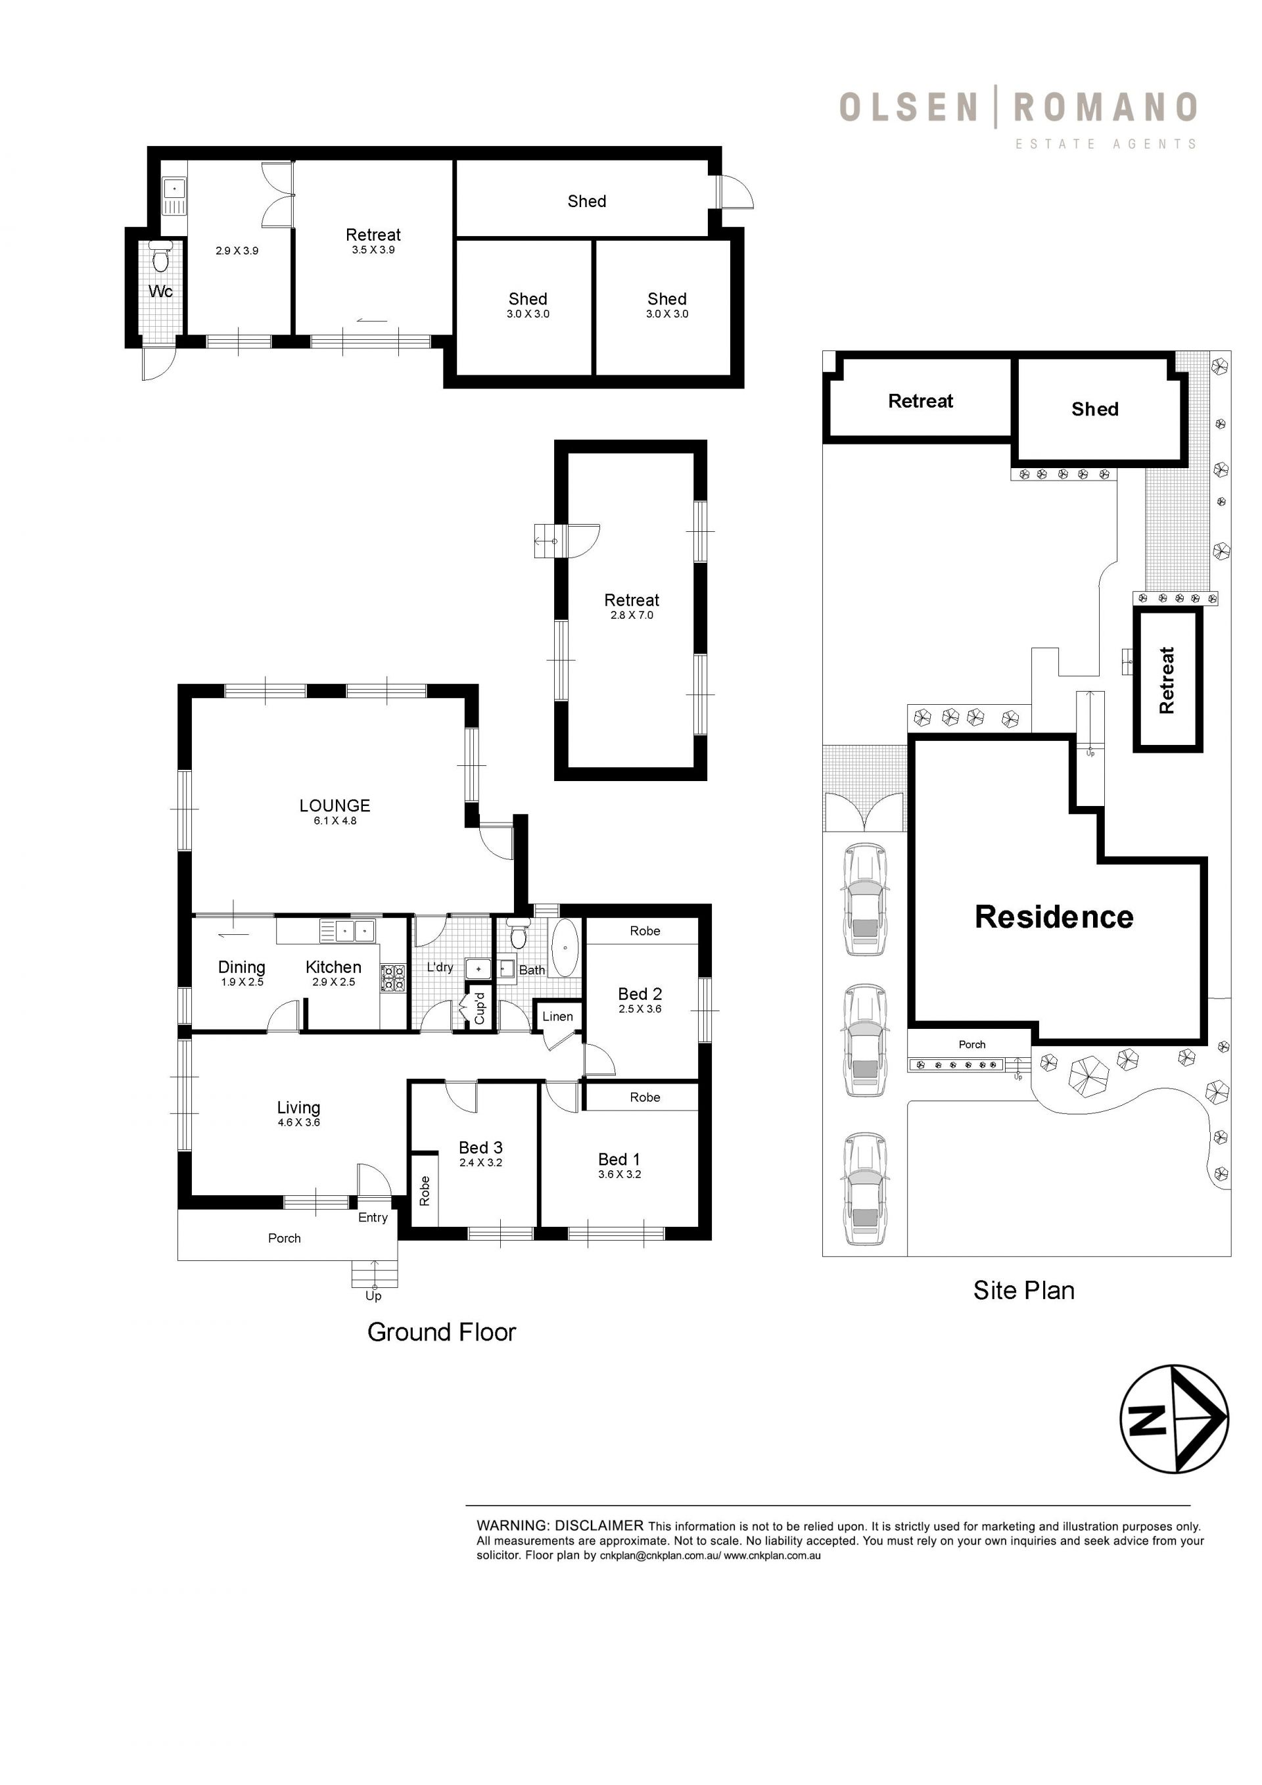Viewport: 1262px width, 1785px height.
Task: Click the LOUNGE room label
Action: pyautogui.click(x=335, y=805)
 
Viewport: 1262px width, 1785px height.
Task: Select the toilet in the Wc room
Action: pyautogui.click(x=160, y=256)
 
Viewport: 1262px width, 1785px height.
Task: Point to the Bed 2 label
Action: pyautogui.click(x=640, y=993)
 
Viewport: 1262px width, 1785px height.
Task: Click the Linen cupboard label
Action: pyautogui.click(x=558, y=1016)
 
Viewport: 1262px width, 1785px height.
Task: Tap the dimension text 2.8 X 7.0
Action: pyautogui.click(x=632, y=615)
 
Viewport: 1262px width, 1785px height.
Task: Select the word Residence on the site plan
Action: pyautogui.click(x=1054, y=917)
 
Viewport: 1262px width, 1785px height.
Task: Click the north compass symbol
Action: pyautogui.click(x=1173, y=1419)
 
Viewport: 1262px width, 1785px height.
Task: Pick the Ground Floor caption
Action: pyautogui.click(x=442, y=1332)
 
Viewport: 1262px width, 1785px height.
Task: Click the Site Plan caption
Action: pyautogui.click(x=1023, y=1291)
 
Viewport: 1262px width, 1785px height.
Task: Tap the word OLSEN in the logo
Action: pyautogui.click(x=908, y=107)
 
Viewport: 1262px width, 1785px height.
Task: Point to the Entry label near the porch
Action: pyautogui.click(x=373, y=1218)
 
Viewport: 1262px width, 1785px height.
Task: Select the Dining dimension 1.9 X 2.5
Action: pyautogui.click(x=242, y=982)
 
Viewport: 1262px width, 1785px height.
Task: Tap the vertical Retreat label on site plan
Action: pyautogui.click(x=1167, y=680)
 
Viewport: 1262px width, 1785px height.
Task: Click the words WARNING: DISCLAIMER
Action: pyautogui.click(x=560, y=1526)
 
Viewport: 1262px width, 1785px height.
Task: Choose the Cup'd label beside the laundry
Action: pyautogui.click(x=479, y=1009)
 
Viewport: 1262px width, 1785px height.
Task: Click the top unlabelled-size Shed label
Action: pyautogui.click(x=587, y=201)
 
